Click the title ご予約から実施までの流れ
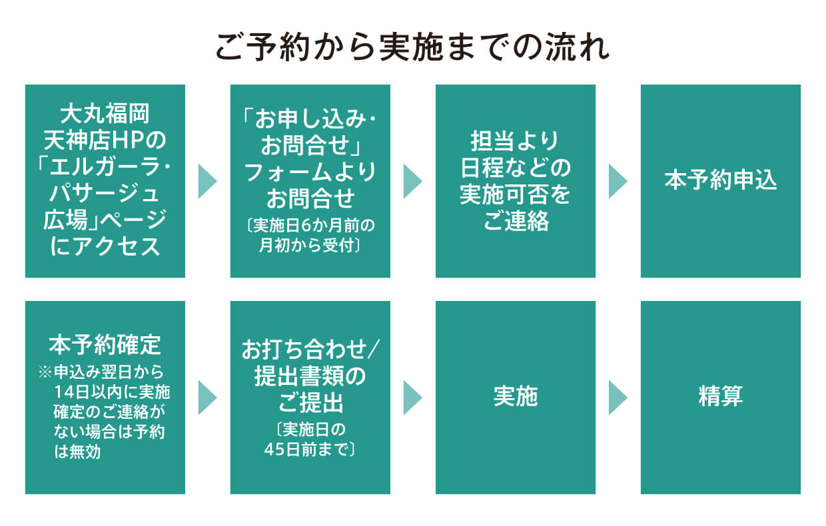click(412, 48)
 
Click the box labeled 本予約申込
click(720, 181)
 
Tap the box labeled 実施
click(515, 397)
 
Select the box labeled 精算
click(720, 397)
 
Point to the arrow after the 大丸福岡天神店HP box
click(207, 181)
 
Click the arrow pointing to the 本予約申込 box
click(618, 181)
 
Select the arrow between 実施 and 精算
click(618, 397)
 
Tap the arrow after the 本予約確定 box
click(207, 397)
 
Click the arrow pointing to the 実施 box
click(412, 397)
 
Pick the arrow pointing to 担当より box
click(412, 181)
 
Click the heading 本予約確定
click(105, 345)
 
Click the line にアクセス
click(105, 246)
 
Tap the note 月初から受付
click(310, 246)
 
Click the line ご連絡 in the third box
click(515, 222)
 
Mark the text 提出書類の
click(310, 378)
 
